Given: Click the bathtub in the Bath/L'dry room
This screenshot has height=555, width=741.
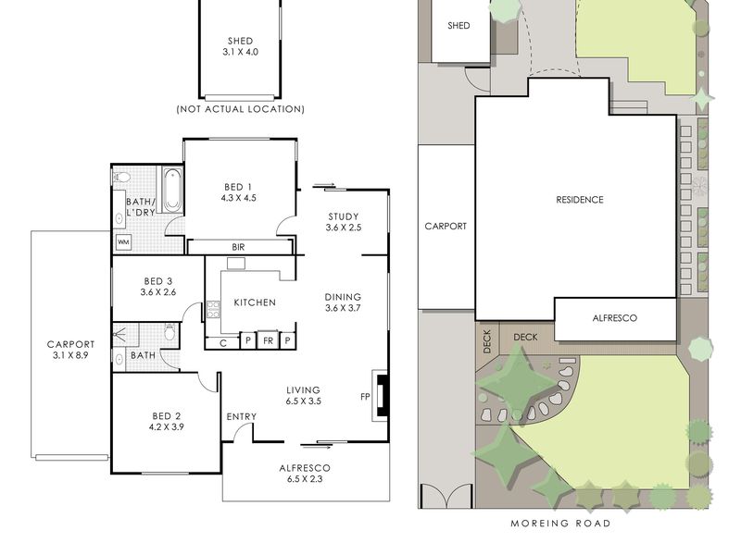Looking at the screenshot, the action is pos(172,190).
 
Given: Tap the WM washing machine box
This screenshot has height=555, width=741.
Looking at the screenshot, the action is pos(123,242).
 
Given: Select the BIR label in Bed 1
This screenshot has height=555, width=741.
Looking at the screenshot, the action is pos(238,247).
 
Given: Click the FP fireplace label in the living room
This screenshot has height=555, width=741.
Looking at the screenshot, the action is pos(365,397).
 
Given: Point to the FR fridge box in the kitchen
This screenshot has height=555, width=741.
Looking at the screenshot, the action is pos(268,340).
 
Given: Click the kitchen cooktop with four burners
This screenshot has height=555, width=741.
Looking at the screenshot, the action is pos(213,310).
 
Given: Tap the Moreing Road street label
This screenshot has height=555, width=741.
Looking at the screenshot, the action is pos(560,523).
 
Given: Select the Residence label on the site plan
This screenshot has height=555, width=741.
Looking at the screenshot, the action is pos(580,200).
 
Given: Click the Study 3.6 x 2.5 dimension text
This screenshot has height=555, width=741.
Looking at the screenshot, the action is pos(344,228).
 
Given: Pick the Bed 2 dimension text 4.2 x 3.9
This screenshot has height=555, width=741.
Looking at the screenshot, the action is pos(166,427).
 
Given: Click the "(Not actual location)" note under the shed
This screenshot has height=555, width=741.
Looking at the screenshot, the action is pos(240,109).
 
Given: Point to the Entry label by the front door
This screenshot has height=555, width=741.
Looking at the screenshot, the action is pos(242,417).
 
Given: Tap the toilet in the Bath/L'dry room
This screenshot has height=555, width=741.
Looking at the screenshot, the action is pos(122,178).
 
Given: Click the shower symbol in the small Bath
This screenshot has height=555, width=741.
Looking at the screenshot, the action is pos(120,335).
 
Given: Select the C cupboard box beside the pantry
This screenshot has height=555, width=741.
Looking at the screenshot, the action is pos(222,343).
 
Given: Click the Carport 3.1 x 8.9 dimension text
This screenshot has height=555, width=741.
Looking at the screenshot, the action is pos(70,355).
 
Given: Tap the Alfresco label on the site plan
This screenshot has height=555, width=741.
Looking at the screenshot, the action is pos(614,318).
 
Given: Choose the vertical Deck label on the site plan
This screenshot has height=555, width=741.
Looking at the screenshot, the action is pos(487,341).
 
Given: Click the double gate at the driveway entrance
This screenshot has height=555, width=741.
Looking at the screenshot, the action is pos(446,496).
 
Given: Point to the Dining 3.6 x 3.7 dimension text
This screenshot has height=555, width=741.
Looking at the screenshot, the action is pos(343,308).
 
